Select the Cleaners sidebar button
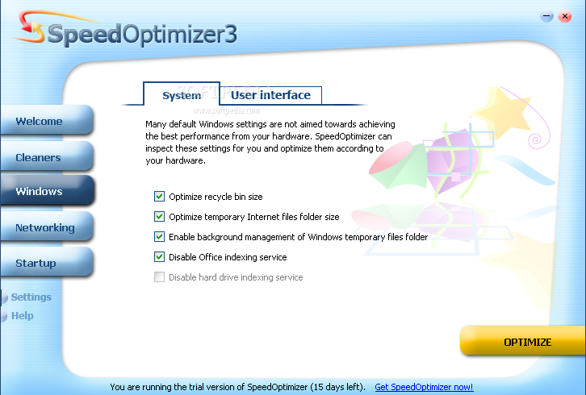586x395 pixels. pyautogui.click(x=46, y=157)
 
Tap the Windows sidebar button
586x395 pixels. pyautogui.click(x=46, y=191)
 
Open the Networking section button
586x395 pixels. pyautogui.click(x=46, y=227)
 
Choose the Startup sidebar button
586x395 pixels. pyautogui.click(x=46, y=263)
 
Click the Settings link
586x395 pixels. pyautogui.click(x=31, y=297)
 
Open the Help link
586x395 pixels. pyautogui.click(x=22, y=316)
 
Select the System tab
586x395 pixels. pyautogui.click(x=182, y=94)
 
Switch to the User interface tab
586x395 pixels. pyautogui.click(x=270, y=95)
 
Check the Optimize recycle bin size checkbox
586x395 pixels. pyautogui.click(x=159, y=197)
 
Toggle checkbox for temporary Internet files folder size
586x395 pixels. pyautogui.click(x=159, y=217)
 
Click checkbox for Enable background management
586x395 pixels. pyautogui.click(x=159, y=237)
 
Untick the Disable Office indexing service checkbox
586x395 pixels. pyautogui.click(x=159, y=257)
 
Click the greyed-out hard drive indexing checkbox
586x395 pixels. pyautogui.click(x=159, y=277)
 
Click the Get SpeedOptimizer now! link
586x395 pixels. pyautogui.click(x=424, y=387)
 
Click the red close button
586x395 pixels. pyautogui.click(x=565, y=16)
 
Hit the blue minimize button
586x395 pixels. pyautogui.click(x=546, y=16)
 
